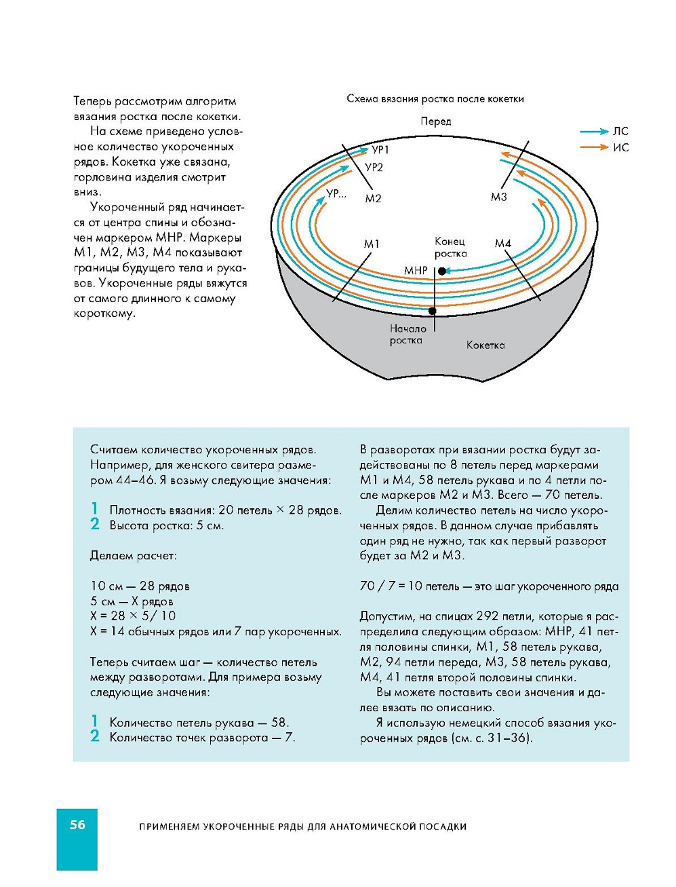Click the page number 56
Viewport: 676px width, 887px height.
(77, 825)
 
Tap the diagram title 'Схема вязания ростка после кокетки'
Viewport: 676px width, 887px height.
(435, 98)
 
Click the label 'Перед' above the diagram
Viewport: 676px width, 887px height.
(435, 121)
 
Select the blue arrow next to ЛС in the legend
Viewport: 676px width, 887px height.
(594, 132)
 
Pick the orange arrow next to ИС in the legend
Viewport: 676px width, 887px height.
(594, 147)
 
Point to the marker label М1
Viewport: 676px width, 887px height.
(372, 244)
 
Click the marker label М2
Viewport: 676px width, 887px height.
(373, 198)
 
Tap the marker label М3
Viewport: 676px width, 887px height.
(498, 197)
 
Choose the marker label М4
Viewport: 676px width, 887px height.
(502, 243)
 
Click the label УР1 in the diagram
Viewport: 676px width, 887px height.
(380, 149)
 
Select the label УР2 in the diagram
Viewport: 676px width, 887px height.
(374, 167)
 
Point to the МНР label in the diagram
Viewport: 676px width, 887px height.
(416, 270)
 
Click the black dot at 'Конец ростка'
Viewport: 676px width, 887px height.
(442, 271)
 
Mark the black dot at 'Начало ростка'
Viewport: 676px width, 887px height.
(432, 311)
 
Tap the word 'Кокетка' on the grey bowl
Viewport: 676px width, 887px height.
(485, 345)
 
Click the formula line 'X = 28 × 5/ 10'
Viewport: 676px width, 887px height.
(133, 616)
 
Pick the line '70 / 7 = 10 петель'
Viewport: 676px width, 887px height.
(400, 586)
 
